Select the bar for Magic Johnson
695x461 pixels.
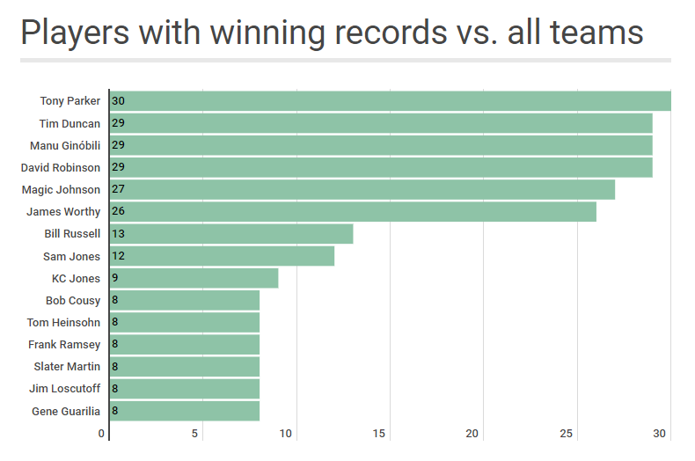click(362, 189)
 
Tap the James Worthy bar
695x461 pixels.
click(353, 212)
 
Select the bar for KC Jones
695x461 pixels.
click(194, 278)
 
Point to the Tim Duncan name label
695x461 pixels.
click(69, 123)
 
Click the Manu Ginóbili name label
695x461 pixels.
click(65, 145)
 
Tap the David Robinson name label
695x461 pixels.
click(61, 167)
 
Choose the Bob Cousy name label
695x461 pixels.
click(73, 300)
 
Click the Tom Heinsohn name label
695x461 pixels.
click(63, 322)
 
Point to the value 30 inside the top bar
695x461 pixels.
click(118, 101)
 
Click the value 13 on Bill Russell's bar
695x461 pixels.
click(118, 234)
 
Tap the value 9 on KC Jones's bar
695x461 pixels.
click(115, 278)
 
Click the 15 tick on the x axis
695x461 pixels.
click(379, 434)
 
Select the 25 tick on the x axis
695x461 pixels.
click(567, 434)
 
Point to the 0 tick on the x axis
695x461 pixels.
click(102, 434)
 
